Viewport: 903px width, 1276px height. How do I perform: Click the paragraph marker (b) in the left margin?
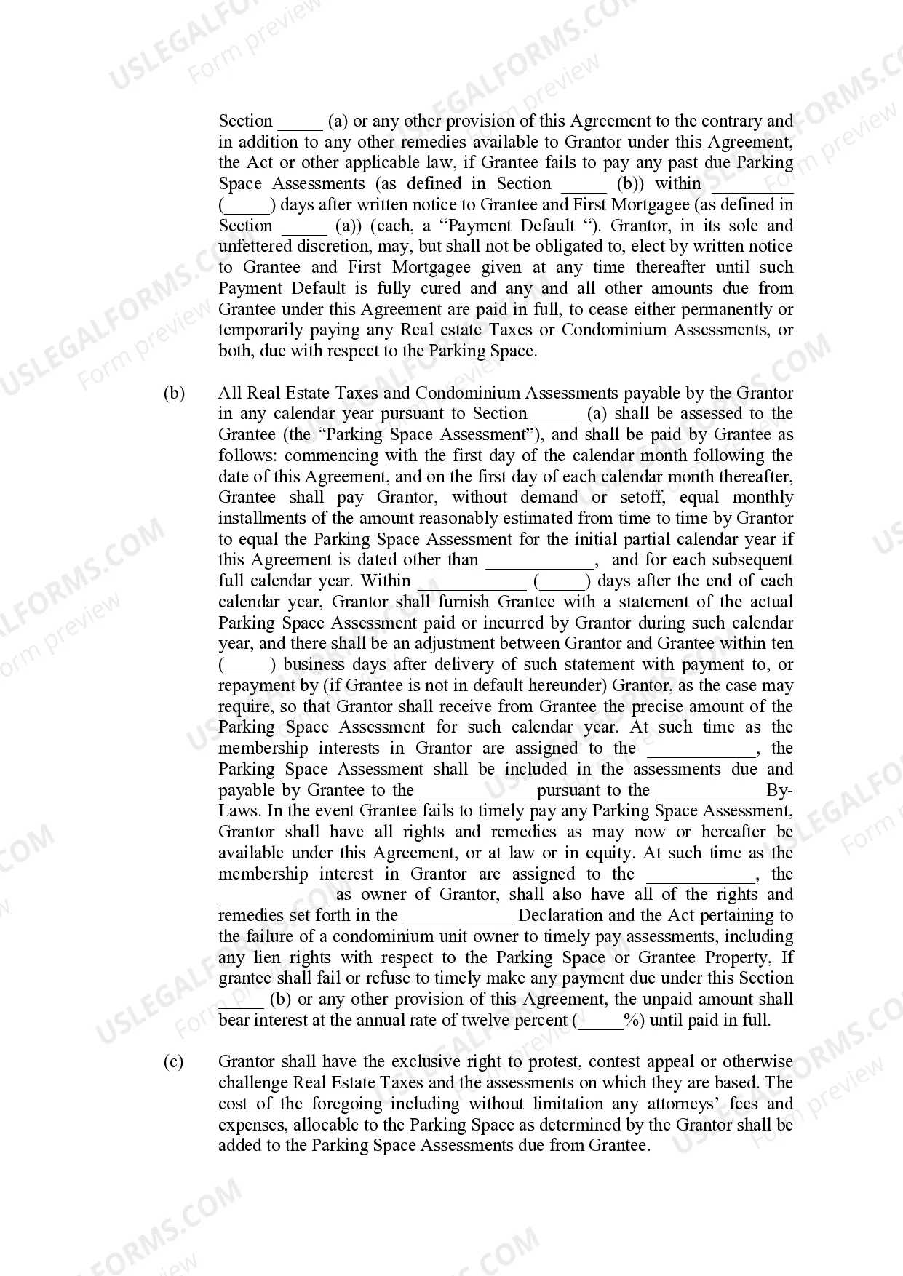click(x=174, y=394)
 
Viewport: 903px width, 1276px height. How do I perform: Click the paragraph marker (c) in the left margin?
click(x=173, y=1062)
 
